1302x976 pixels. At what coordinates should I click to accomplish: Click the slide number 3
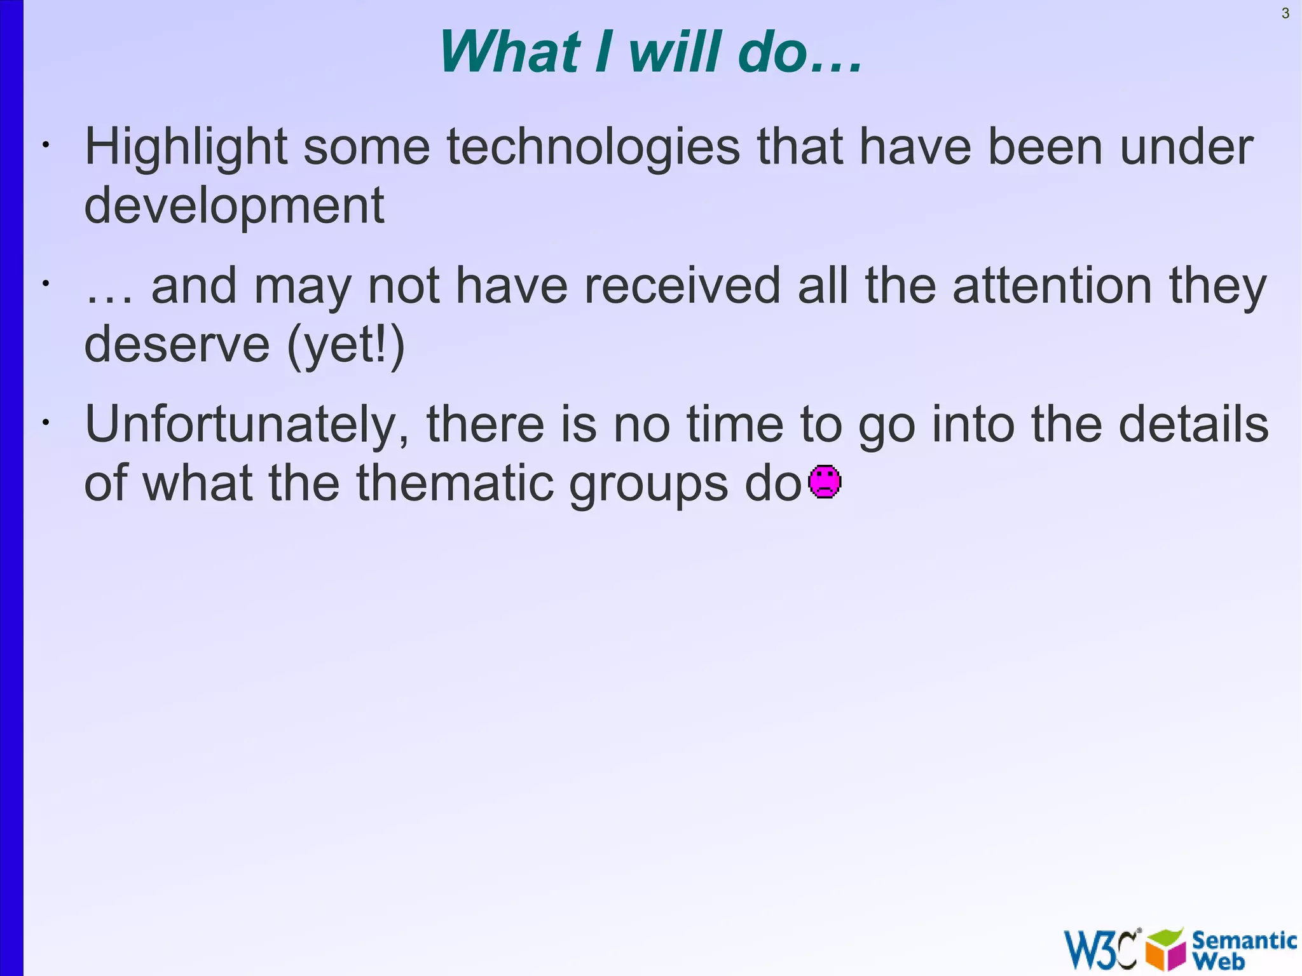(x=1285, y=13)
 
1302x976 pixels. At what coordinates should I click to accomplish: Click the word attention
(x=1052, y=286)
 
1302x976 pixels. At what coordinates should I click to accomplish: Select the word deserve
(x=177, y=345)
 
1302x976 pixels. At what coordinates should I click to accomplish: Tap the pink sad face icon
(x=825, y=481)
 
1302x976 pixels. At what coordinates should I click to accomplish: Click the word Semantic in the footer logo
(x=1244, y=940)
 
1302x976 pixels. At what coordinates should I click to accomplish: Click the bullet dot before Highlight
(x=45, y=146)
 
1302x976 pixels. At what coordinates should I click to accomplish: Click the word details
(x=1193, y=424)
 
